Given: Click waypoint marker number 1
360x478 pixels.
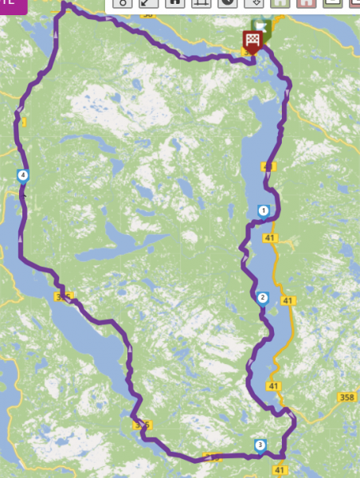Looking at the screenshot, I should pos(263,210).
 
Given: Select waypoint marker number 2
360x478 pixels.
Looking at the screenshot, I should pos(262,298).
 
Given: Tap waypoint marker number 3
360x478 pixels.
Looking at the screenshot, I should pos(260,445).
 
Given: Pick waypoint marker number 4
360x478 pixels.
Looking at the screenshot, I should pos(23,175).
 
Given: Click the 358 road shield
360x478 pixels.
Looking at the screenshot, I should pos(346,396).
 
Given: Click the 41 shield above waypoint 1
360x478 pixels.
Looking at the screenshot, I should pos(268,167).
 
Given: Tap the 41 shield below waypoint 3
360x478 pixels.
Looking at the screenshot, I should pos(280,471).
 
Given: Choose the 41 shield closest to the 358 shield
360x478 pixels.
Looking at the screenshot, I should pos(274,386).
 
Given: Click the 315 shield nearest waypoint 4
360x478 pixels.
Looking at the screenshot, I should pos(64,296).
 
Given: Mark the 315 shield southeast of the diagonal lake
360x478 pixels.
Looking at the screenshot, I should pos(142,425).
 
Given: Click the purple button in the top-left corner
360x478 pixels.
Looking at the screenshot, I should pos(7,4).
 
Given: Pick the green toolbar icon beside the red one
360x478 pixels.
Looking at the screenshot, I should pos(280,3).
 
